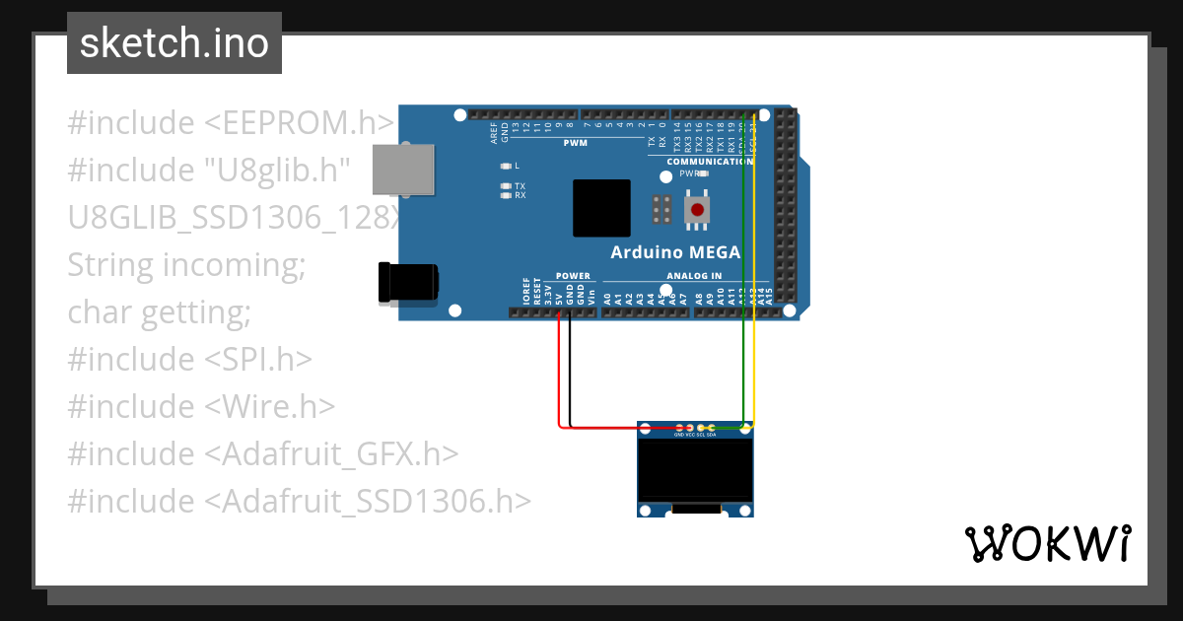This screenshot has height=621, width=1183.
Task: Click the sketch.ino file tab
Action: click(174, 43)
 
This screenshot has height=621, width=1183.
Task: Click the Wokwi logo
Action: click(1046, 543)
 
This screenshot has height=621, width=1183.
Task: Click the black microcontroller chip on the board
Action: click(601, 208)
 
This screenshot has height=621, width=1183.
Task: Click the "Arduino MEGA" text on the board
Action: click(674, 252)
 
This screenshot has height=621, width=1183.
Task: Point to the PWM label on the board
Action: click(575, 144)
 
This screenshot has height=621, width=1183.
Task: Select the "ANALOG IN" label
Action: click(694, 276)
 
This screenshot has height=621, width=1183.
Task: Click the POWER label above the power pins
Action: click(573, 276)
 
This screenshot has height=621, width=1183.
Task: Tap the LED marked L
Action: click(506, 166)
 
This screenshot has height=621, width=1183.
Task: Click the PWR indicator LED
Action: click(702, 173)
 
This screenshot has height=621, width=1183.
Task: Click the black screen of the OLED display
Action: click(696, 471)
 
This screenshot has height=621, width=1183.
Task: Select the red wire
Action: click(560, 375)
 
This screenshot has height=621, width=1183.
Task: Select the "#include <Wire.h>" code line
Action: click(201, 406)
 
